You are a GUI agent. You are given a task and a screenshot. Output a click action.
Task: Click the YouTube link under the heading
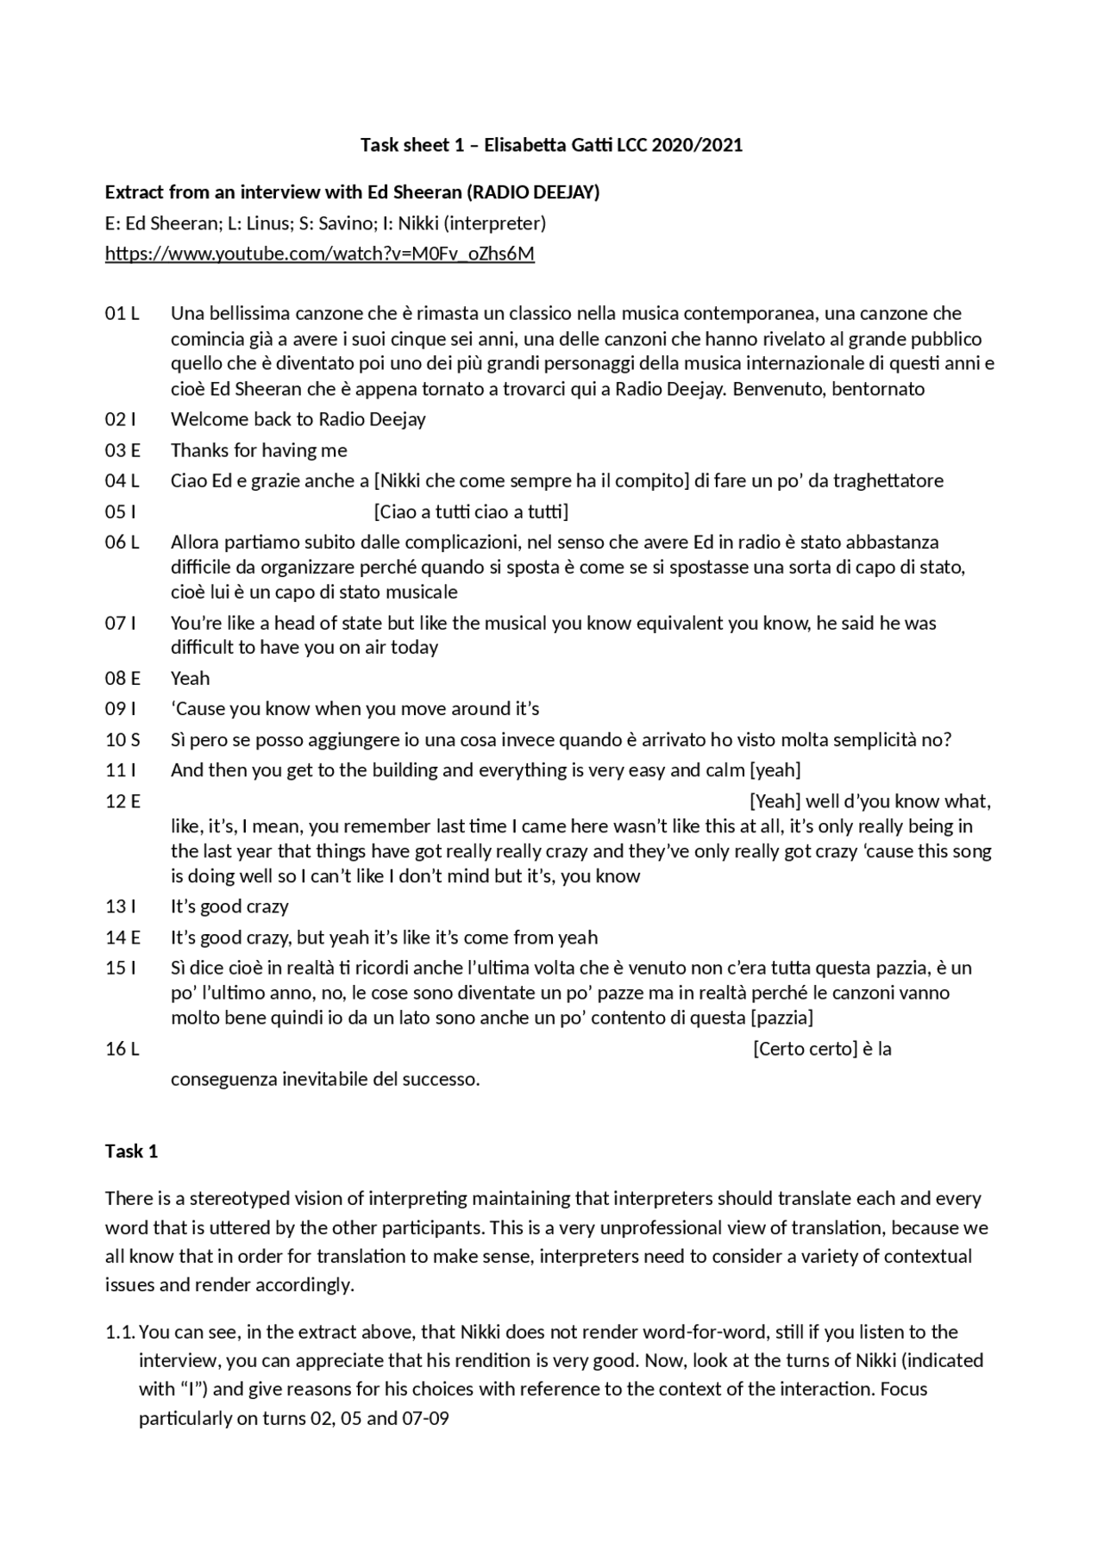[x=319, y=254]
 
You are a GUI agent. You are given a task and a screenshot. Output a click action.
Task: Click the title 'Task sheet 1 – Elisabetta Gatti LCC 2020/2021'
[x=551, y=145]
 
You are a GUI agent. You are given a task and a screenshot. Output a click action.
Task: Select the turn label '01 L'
[x=122, y=313]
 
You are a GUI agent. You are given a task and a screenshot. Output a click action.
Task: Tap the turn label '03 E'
[x=122, y=450]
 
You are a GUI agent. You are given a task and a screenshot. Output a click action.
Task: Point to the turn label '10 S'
[x=122, y=740]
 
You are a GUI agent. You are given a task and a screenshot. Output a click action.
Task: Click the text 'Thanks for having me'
[x=259, y=450]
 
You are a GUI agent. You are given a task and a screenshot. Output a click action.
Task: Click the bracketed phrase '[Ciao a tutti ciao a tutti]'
[x=471, y=512]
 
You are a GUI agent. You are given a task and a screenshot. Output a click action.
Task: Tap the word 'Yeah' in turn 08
[x=190, y=678]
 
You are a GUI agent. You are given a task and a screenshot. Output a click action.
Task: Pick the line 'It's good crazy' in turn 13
[x=229, y=906]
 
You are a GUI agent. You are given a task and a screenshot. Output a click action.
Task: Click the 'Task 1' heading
[x=131, y=1151]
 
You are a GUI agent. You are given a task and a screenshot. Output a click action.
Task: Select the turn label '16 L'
[x=122, y=1049]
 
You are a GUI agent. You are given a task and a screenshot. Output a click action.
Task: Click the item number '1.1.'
[x=120, y=1333]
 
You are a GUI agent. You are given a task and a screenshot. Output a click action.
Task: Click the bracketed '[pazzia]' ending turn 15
[x=781, y=1018]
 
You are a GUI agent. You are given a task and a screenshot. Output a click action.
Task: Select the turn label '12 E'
[x=122, y=801]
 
